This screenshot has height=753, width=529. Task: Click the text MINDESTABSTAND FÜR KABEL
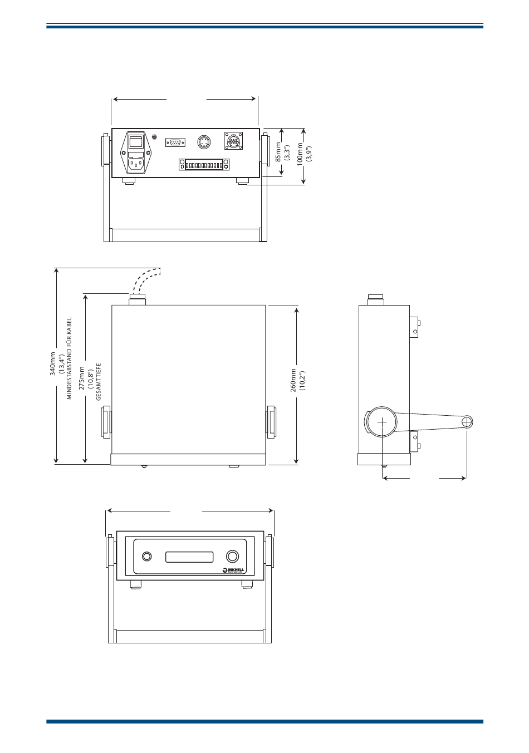[70, 358]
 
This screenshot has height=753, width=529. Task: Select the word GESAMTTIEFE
[99, 382]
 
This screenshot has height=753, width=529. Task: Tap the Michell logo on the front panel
[234, 570]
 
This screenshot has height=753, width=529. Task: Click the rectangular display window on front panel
[189, 557]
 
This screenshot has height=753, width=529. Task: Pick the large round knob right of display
[233, 557]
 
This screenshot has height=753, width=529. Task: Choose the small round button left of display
[147, 557]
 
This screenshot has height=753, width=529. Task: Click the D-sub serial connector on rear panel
[175, 142]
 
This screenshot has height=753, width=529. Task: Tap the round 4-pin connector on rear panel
[204, 142]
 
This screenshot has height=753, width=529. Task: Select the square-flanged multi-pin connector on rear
[233, 141]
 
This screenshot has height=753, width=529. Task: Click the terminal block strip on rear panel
[204, 165]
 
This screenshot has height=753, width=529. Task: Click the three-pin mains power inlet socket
[136, 163]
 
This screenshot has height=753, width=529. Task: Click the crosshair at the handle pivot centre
[382, 422]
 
